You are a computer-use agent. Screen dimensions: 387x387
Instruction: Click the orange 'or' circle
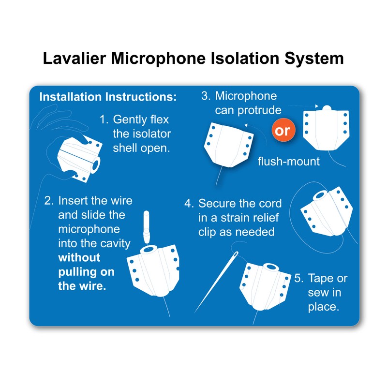click(x=283, y=132)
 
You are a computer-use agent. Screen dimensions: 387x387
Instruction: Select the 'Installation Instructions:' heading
click(x=108, y=96)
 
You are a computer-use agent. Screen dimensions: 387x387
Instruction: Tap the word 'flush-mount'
click(x=288, y=161)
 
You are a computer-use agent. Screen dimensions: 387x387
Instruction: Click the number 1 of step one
click(x=103, y=119)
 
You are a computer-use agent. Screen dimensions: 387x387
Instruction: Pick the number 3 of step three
click(x=206, y=96)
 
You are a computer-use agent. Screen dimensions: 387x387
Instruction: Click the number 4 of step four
click(x=188, y=204)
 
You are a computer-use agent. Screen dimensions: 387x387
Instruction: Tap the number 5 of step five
click(x=298, y=279)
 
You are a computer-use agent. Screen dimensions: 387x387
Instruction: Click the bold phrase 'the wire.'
click(x=81, y=285)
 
